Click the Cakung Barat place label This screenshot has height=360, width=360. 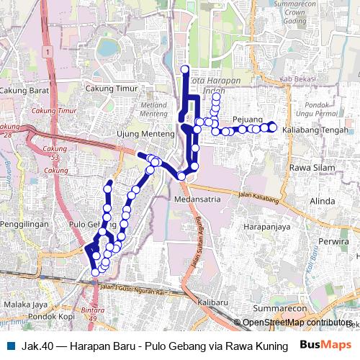(x=24, y=91)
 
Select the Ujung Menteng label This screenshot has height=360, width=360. (x=145, y=135)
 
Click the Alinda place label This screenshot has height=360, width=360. (x=323, y=202)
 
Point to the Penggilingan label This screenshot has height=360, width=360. (x=24, y=225)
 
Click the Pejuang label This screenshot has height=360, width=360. (x=248, y=120)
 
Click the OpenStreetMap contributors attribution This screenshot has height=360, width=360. (x=295, y=323)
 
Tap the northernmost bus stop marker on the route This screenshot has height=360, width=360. (x=185, y=69)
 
